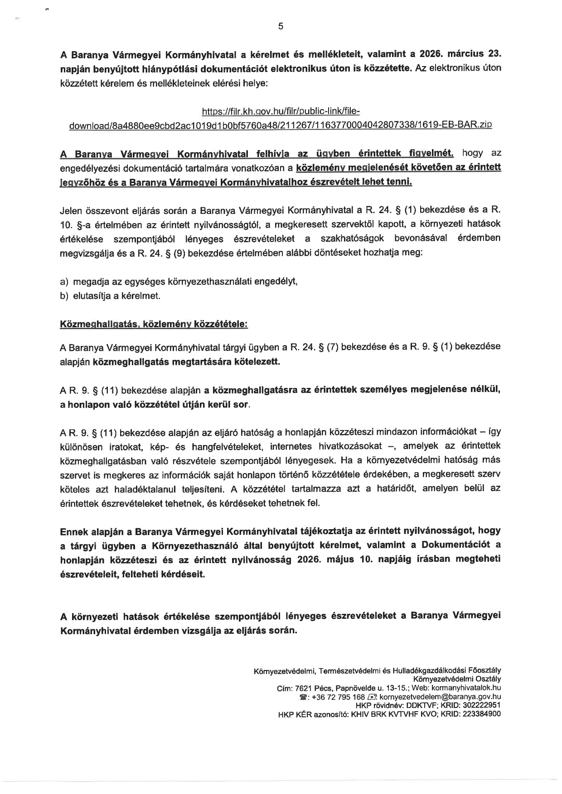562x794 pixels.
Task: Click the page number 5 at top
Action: tap(281, 26)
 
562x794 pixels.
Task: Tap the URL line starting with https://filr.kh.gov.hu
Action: tap(281, 111)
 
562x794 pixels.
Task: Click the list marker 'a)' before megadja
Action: tap(64, 282)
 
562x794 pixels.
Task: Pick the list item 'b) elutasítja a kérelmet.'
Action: tap(110, 296)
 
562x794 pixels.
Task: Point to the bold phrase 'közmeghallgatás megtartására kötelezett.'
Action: tap(186, 362)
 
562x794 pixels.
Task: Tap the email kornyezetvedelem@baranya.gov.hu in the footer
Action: tap(440, 697)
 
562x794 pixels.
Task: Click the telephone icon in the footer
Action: tap(303, 697)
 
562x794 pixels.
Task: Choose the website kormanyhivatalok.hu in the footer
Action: tap(467, 688)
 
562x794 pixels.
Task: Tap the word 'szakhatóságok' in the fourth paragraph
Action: tap(352, 239)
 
